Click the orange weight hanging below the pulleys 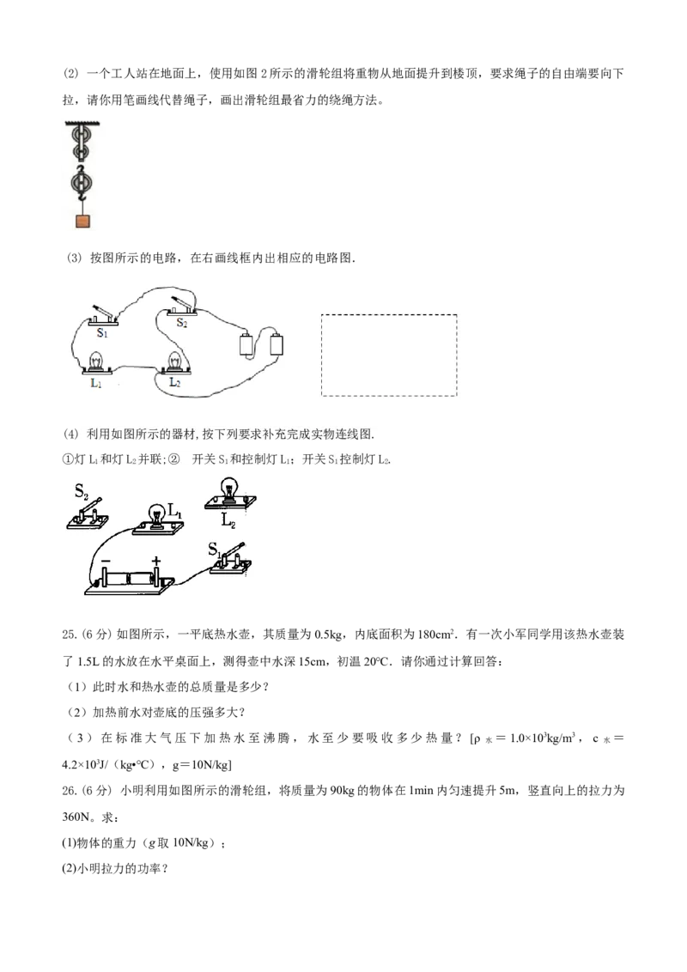pyautogui.click(x=82, y=222)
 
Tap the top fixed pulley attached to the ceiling pyautogui.click(x=82, y=135)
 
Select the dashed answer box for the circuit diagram pyautogui.click(x=389, y=355)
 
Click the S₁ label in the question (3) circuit pyautogui.click(x=102, y=333)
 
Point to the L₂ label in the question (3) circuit pyautogui.click(x=175, y=382)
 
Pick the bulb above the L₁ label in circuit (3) pyautogui.click(x=96, y=361)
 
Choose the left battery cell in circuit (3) pyautogui.click(x=246, y=344)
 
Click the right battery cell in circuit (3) pyautogui.click(x=277, y=344)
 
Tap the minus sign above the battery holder pyautogui.click(x=106, y=561)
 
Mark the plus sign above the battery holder pyautogui.click(x=155, y=561)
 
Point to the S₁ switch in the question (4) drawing pyautogui.click(x=231, y=561)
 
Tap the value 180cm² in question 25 pyautogui.click(x=436, y=635)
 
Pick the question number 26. pyautogui.click(x=70, y=790)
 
